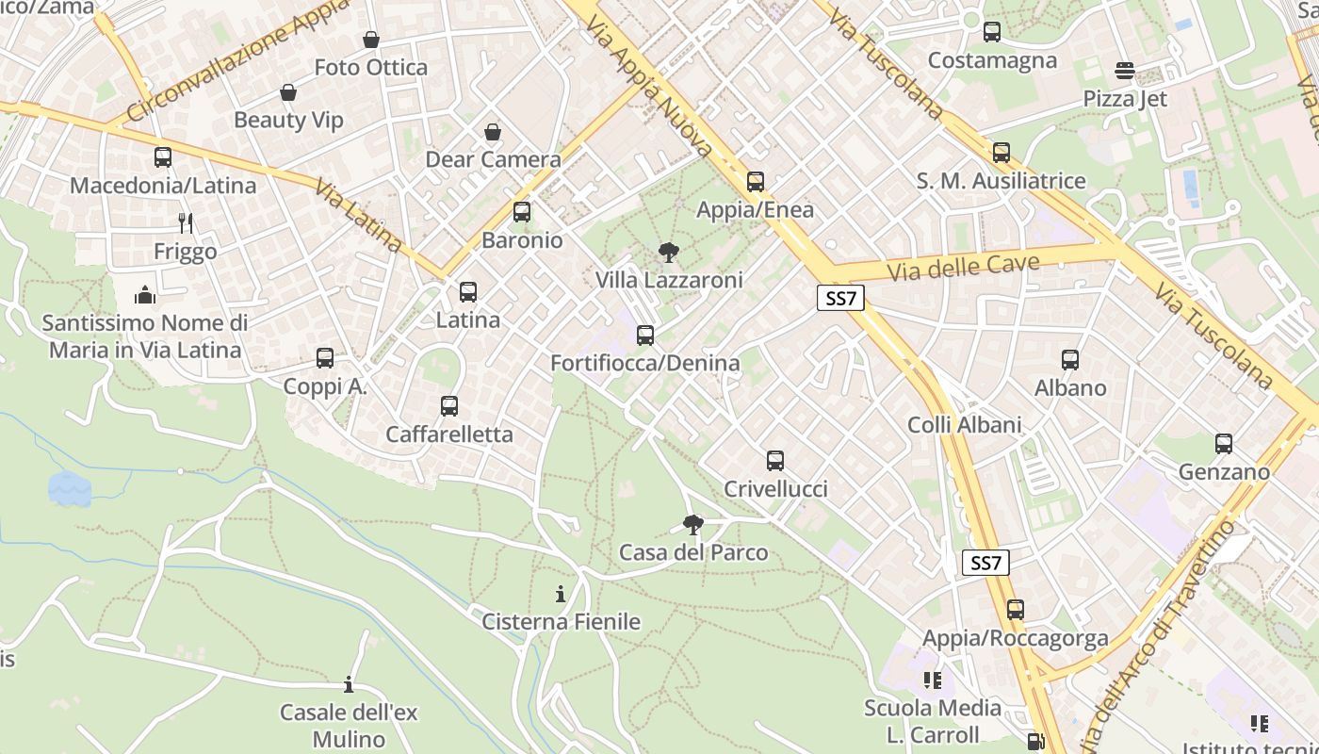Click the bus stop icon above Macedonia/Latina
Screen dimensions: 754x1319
163,157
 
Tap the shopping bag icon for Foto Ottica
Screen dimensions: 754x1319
371,40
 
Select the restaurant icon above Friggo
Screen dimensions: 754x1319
186,223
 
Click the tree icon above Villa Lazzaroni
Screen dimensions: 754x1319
669,253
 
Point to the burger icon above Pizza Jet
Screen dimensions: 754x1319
1124,71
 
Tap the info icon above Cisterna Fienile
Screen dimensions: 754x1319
561,594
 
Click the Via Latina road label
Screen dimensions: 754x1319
359,216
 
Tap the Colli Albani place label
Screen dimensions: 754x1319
964,425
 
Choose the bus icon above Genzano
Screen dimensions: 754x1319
1224,444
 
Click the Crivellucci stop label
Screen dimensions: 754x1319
775,489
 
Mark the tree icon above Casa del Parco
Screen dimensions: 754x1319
693,525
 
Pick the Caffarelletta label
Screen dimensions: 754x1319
449,434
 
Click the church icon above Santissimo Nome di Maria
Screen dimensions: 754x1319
144,296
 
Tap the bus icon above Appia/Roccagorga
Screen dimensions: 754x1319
1015,610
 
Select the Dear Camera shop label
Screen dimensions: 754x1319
493,159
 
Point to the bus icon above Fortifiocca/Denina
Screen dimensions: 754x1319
645,336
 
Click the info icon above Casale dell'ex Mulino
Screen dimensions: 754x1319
349,684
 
